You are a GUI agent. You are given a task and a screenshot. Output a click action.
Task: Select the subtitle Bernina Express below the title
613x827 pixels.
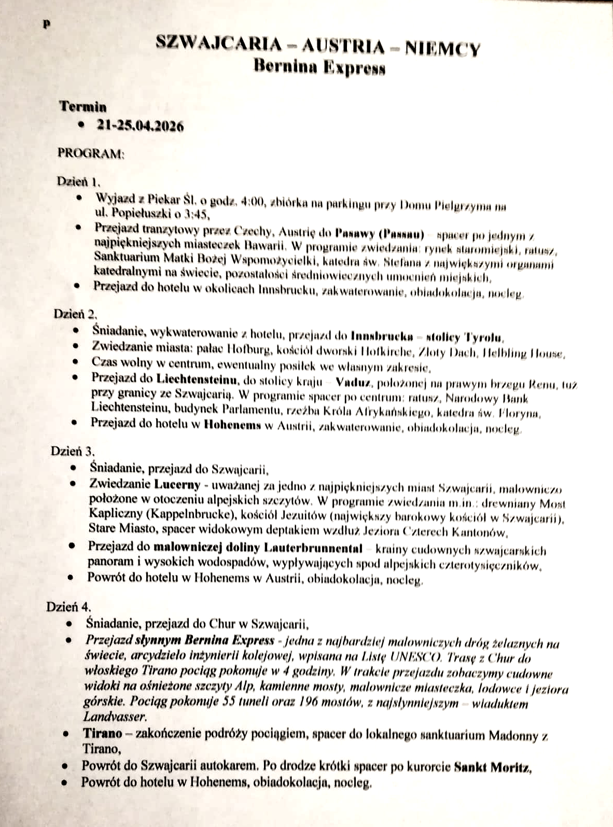click(319, 67)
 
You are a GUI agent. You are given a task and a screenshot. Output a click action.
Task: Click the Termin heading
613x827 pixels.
click(83, 107)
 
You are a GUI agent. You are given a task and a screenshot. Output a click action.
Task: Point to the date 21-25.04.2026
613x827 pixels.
click(140, 126)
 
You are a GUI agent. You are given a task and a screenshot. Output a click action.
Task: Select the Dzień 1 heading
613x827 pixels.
click(78, 181)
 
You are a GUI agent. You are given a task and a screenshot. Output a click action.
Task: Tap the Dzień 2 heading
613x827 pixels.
click(75, 314)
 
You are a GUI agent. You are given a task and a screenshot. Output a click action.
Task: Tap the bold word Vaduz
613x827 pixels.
click(353, 383)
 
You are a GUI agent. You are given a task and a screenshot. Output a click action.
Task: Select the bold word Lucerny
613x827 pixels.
click(177, 485)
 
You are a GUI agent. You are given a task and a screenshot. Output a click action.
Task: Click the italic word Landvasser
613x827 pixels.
click(115, 717)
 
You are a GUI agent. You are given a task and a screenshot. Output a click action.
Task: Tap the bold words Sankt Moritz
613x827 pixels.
click(492, 767)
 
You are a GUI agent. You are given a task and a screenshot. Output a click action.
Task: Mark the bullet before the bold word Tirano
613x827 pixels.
click(66, 734)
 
